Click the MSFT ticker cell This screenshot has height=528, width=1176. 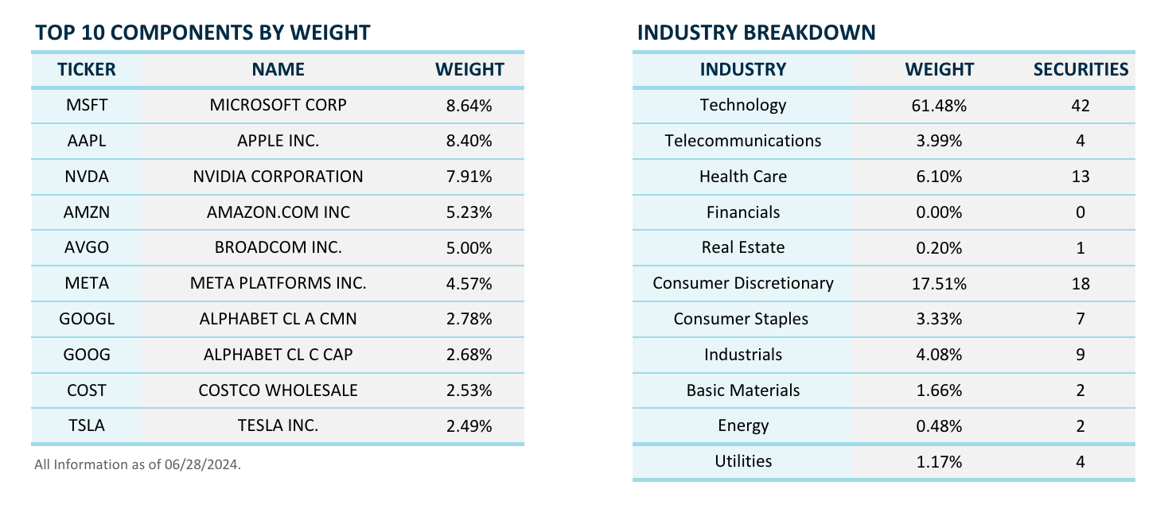(87, 105)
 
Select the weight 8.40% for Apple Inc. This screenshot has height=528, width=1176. (469, 141)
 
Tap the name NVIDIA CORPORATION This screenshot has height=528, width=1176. (278, 177)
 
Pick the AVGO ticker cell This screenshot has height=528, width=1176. (87, 247)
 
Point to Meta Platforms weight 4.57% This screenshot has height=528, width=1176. (469, 283)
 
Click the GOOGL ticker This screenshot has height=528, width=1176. (87, 319)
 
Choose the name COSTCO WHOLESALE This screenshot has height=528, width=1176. (278, 390)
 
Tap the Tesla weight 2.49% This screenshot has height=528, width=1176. (469, 425)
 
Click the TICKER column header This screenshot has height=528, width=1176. (87, 69)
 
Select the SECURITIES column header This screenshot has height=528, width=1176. (1081, 69)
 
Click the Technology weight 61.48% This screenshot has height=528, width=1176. (939, 106)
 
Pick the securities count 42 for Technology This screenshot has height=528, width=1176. (1081, 106)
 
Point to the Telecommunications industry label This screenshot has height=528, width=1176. (743, 141)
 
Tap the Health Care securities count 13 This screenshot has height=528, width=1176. (1081, 177)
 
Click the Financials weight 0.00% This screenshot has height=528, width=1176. (939, 212)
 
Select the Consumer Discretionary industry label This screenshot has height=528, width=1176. (743, 283)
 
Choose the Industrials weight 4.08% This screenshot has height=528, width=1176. (939, 355)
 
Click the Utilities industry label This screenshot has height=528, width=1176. (743, 461)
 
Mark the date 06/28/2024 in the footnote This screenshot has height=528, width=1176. (201, 464)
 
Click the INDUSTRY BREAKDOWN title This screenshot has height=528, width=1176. (756, 33)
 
